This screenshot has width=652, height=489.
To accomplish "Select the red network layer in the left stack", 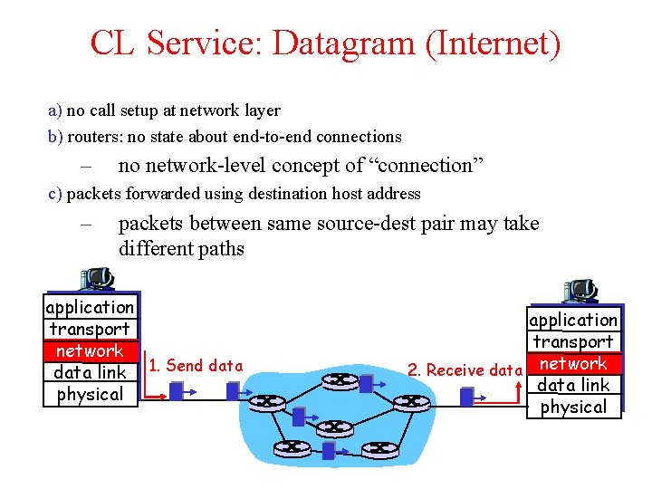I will pyautogui.click(x=90, y=350).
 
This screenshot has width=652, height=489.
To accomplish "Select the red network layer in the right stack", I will pyautogui.click(x=573, y=363).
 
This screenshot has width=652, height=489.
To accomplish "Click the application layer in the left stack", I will pyautogui.click(x=90, y=307).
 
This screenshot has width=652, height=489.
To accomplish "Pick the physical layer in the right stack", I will pyautogui.click(x=573, y=407).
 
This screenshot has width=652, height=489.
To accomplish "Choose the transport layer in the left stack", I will pyautogui.click(x=90, y=329).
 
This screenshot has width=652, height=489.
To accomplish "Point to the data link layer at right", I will pyautogui.click(x=573, y=385).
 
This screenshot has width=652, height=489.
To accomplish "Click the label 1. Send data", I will pyautogui.click(x=196, y=366).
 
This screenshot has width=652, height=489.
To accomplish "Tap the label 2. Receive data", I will pyautogui.click(x=465, y=369).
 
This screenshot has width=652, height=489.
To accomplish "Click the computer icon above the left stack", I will pyautogui.click(x=96, y=279).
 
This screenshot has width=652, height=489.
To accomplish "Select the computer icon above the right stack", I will pyautogui.click(x=580, y=291).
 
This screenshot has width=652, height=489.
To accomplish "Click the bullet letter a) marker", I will pyautogui.click(x=54, y=110).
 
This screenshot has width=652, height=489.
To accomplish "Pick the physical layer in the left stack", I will pyautogui.click(x=90, y=394).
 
